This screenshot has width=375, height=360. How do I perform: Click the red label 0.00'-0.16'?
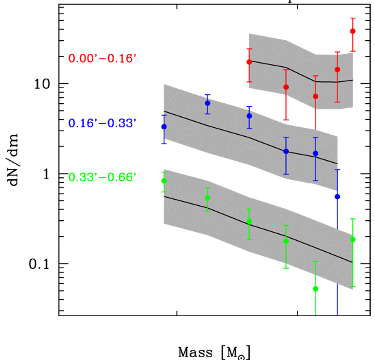point(102,58)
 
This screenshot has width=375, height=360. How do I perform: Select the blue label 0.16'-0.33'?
point(102,123)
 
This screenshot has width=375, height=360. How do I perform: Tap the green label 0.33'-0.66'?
point(102,177)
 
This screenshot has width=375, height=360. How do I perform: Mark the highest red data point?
point(353,31)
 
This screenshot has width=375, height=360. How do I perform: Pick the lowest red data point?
point(316,96)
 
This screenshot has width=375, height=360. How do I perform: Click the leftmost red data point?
point(249,62)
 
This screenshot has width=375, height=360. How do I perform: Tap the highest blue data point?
point(207,103)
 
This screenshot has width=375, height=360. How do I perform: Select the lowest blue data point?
point(337,197)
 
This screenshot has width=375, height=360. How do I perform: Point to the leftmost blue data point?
point(164,127)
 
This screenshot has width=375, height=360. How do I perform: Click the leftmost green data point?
point(164,181)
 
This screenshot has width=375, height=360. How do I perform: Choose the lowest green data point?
point(316,289)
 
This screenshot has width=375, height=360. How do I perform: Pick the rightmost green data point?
point(353,239)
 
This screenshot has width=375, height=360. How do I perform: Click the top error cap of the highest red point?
point(353,18)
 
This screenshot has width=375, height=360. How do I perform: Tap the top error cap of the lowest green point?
point(316,262)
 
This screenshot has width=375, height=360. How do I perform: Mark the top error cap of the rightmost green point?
point(353,219)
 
